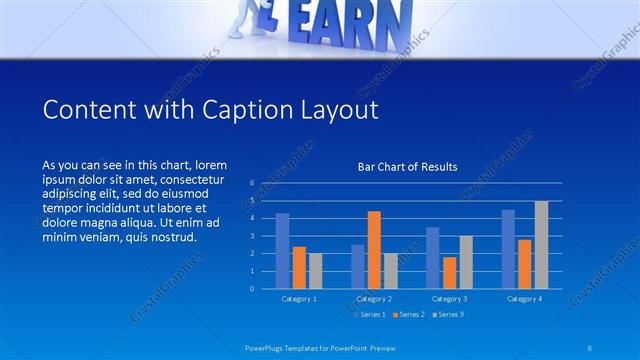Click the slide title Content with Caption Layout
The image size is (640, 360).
tap(211, 109)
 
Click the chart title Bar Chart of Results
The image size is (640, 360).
tap(407, 167)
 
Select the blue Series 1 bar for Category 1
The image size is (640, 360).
tap(283, 251)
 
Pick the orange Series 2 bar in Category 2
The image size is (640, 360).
tap(374, 250)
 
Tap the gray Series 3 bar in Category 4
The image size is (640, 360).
tap(541, 245)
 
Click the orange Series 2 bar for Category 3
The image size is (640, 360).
tap(449, 273)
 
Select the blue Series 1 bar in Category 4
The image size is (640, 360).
tap(508, 249)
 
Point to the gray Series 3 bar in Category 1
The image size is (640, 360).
tap(315, 271)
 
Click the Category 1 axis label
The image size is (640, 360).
tap(299, 298)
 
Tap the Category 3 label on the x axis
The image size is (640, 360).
tap(449, 298)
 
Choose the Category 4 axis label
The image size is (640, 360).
tap(524, 298)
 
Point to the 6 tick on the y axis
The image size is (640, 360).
tap(252, 184)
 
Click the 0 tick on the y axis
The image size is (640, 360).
tap(252, 289)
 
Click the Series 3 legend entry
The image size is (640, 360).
tap(449, 314)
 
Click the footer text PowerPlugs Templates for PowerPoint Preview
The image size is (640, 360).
tap(320, 347)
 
